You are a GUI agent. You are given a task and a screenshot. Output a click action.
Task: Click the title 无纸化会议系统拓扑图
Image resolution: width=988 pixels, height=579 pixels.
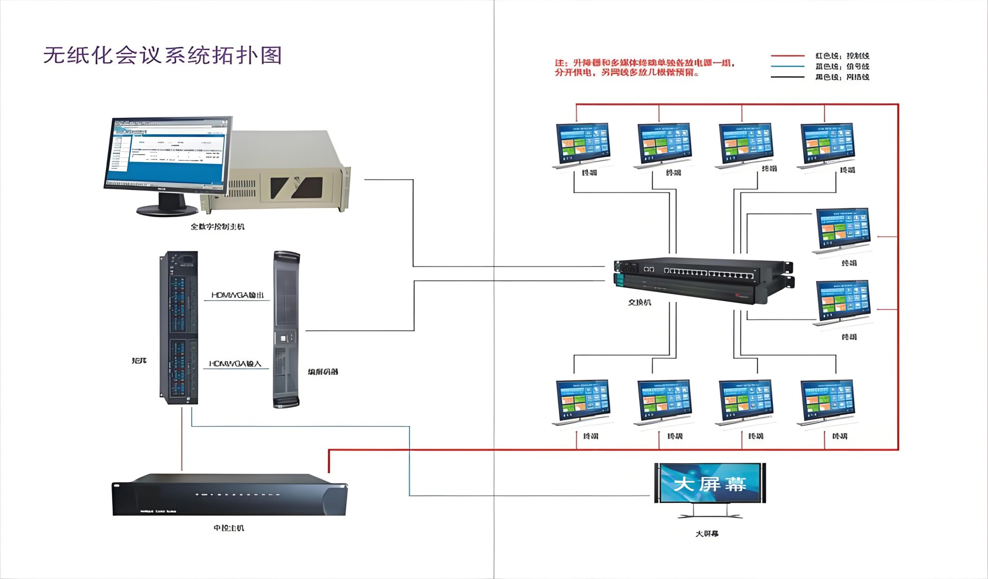(163, 56)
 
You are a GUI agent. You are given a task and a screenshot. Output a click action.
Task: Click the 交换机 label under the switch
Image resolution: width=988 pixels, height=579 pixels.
(639, 303)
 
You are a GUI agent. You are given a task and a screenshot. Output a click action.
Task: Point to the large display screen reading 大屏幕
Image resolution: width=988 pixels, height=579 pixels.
(710, 483)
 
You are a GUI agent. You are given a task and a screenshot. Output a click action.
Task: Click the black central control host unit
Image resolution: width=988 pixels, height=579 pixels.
(230, 495)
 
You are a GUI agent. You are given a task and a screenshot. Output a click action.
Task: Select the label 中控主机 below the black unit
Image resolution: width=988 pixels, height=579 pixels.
(229, 528)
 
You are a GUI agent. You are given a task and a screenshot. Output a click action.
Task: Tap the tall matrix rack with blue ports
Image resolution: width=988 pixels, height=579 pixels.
(179, 327)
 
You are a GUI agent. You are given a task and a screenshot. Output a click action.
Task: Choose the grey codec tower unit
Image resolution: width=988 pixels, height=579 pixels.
(286, 329)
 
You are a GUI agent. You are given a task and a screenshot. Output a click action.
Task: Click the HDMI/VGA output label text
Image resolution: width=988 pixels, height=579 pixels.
(237, 295)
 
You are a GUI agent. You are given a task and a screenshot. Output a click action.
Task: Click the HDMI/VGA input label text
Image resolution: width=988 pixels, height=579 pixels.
(235, 364)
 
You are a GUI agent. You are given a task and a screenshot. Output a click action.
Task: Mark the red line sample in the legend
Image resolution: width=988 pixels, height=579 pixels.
(787, 56)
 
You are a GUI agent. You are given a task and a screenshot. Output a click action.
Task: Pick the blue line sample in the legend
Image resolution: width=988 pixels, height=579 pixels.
(787, 66)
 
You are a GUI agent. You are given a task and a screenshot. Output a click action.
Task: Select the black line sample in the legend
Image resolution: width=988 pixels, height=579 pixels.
(787, 77)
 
